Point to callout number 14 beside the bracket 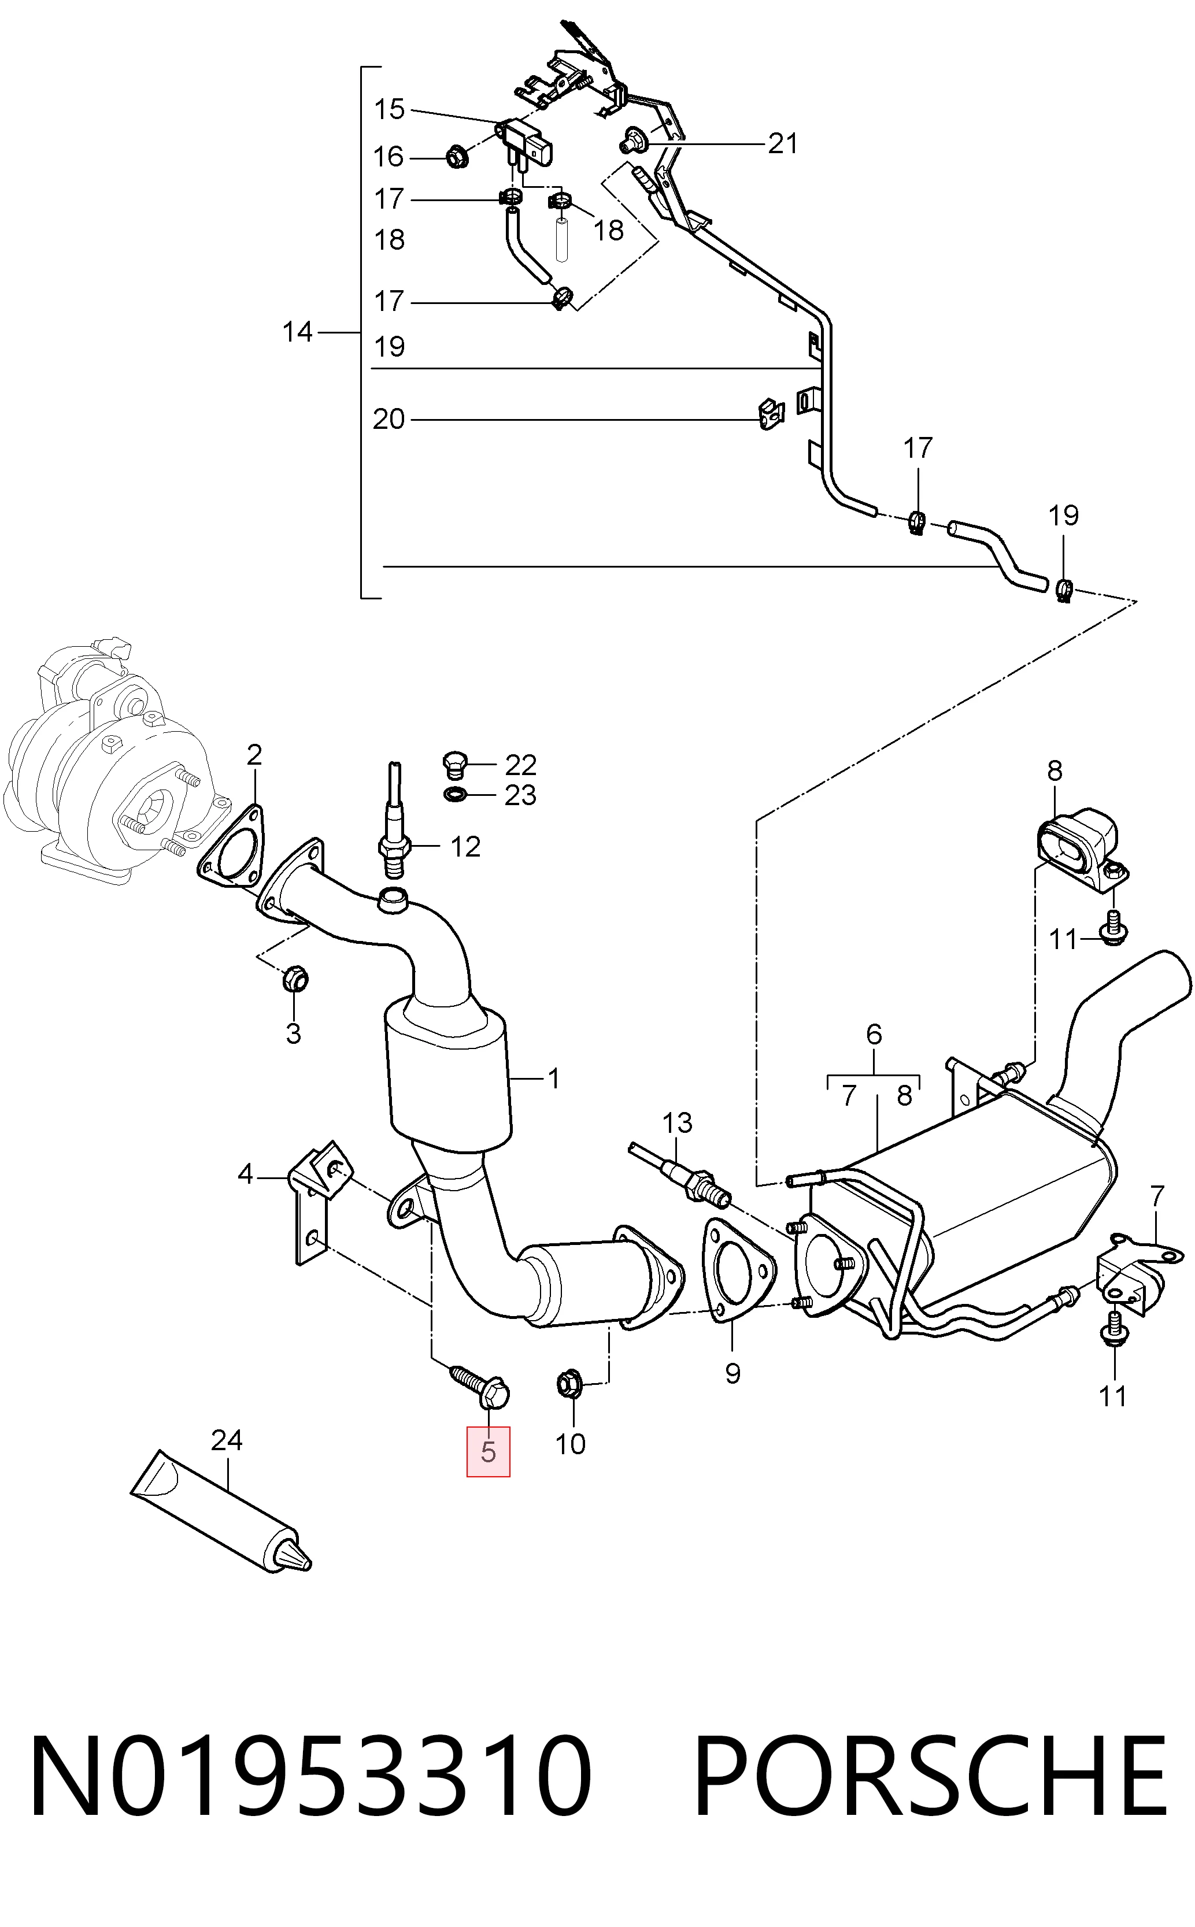298,332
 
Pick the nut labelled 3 295,980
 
